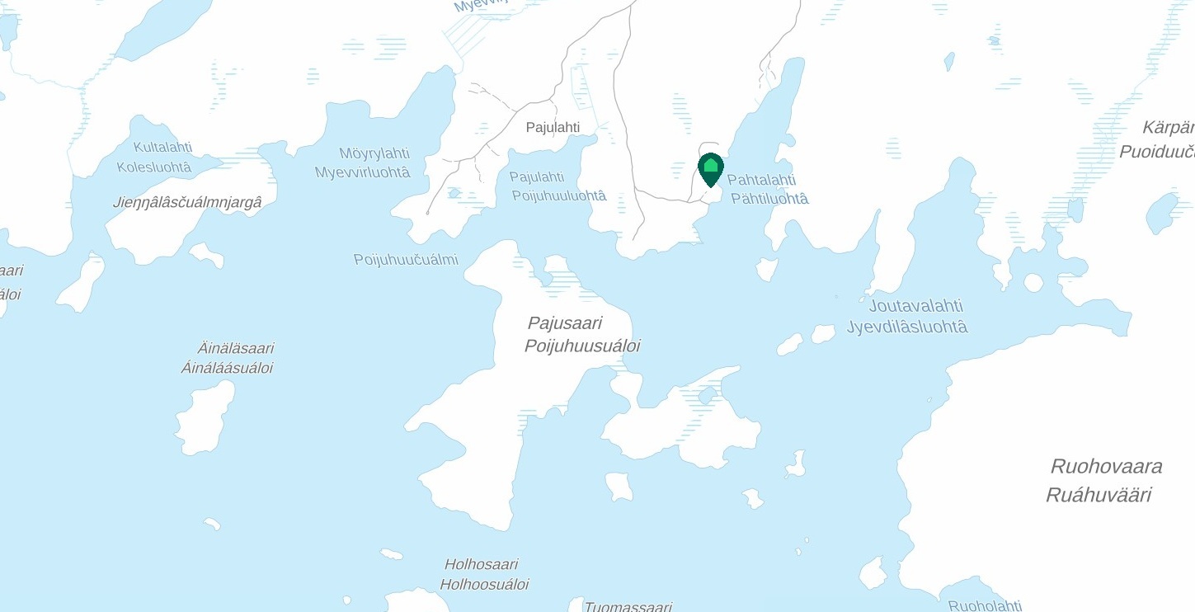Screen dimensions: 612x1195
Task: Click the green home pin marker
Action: pyautogui.click(x=710, y=168)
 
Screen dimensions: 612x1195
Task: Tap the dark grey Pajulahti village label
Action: pyautogui.click(x=553, y=127)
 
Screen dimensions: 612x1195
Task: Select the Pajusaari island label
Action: pyautogui.click(x=565, y=323)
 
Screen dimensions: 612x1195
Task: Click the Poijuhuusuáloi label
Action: pyautogui.click(x=581, y=346)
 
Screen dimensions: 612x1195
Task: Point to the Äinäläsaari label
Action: pyautogui.click(x=235, y=348)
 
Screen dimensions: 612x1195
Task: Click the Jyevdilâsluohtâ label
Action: pyautogui.click(x=906, y=327)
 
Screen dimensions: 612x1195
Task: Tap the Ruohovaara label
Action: pyautogui.click(x=1106, y=466)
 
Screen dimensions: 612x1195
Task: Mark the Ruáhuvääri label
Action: pyautogui.click(x=1099, y=495)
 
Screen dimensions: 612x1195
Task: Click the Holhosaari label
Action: pyautogui.click(x=481, y=565)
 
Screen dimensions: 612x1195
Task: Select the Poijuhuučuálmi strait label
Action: pyautogui.click(x=406, y=260)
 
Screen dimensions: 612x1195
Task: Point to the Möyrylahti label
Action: pyautogui.click(x=374, y=153)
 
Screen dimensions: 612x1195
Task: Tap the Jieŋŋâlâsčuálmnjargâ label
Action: pyautogui.click(x=187, y=202)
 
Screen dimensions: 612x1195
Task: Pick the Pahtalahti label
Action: pyautogui.click(x=760, y=180)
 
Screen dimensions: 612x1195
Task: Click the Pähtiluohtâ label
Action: pyautogui.click(x=769, y=199)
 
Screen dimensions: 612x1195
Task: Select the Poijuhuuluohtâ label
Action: pyautogui.click(x=558, y=196)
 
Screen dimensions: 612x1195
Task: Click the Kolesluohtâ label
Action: pyautogui.click(x=153, y=167)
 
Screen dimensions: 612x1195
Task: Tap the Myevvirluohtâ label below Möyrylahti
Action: pyautogui.click(x=362, y=172)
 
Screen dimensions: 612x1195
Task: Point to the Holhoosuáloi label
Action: pyautogui.click(x=483, y=585)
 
